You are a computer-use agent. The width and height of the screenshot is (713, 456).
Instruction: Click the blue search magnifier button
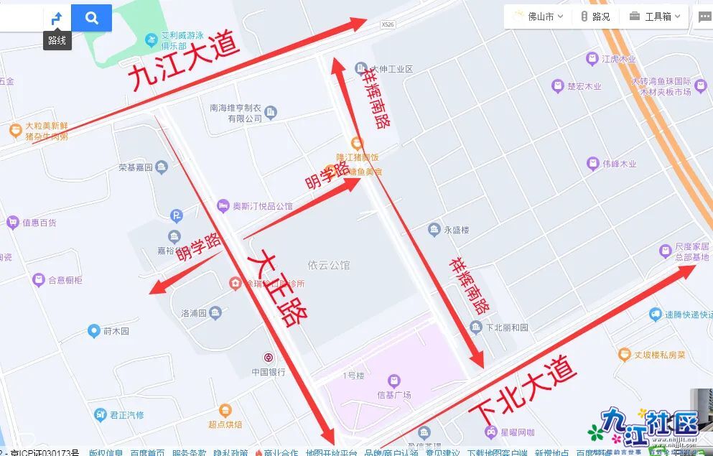[91, 18]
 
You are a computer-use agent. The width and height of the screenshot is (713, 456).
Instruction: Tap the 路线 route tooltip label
[57, 40]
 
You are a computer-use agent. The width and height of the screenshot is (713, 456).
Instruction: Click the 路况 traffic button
[595, 17]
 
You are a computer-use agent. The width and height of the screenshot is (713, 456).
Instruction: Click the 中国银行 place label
[269, 372]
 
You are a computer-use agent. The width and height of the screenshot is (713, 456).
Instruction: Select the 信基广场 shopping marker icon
[393, 381]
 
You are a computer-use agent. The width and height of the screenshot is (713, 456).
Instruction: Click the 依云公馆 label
[328, 265]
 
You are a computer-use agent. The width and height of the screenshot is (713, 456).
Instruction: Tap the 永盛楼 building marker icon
[434, 230]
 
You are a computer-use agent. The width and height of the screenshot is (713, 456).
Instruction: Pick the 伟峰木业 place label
[619, 164]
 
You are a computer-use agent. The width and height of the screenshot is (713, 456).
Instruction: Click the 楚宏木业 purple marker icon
[557, 86]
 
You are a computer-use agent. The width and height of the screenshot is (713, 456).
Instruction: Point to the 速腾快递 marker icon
[655, 315]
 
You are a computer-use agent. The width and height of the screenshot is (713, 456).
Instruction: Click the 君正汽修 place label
[126, 414]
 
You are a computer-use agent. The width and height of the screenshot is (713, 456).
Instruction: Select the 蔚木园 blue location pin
[93, 331]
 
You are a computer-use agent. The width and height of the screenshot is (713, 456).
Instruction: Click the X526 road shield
[388, 24]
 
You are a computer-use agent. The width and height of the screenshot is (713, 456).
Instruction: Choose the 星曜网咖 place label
[517, 432]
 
